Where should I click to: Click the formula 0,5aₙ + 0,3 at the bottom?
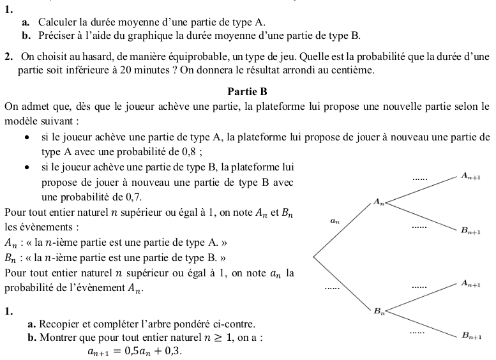click(135, 350)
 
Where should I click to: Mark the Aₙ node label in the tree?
click(379, 202)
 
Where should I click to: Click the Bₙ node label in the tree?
click(379, 311)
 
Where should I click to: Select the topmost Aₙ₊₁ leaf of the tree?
click(471, 176)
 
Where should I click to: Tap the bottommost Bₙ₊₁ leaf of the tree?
click(471, 336)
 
